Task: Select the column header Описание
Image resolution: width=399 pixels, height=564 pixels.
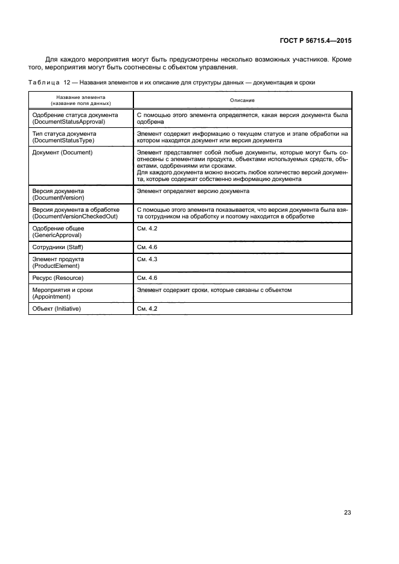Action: [x=243, y=100]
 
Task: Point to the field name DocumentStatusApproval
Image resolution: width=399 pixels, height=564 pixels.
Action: [x=68, y=121]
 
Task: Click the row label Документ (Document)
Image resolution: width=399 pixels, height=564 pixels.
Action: [x=62, y=153]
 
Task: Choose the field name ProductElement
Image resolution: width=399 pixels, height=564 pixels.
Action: [x=57, y=265]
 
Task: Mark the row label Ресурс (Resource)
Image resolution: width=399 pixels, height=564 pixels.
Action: [x=57, y=278]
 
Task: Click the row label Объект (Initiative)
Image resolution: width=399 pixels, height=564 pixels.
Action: [x=57, y=309]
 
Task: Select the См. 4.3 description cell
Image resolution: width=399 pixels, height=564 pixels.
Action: [x=147, y=259]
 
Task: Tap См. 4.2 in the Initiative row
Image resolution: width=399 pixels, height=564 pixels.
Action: [x=147, y=309]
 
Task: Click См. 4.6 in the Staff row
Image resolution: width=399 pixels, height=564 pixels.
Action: [x=147, y=247]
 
